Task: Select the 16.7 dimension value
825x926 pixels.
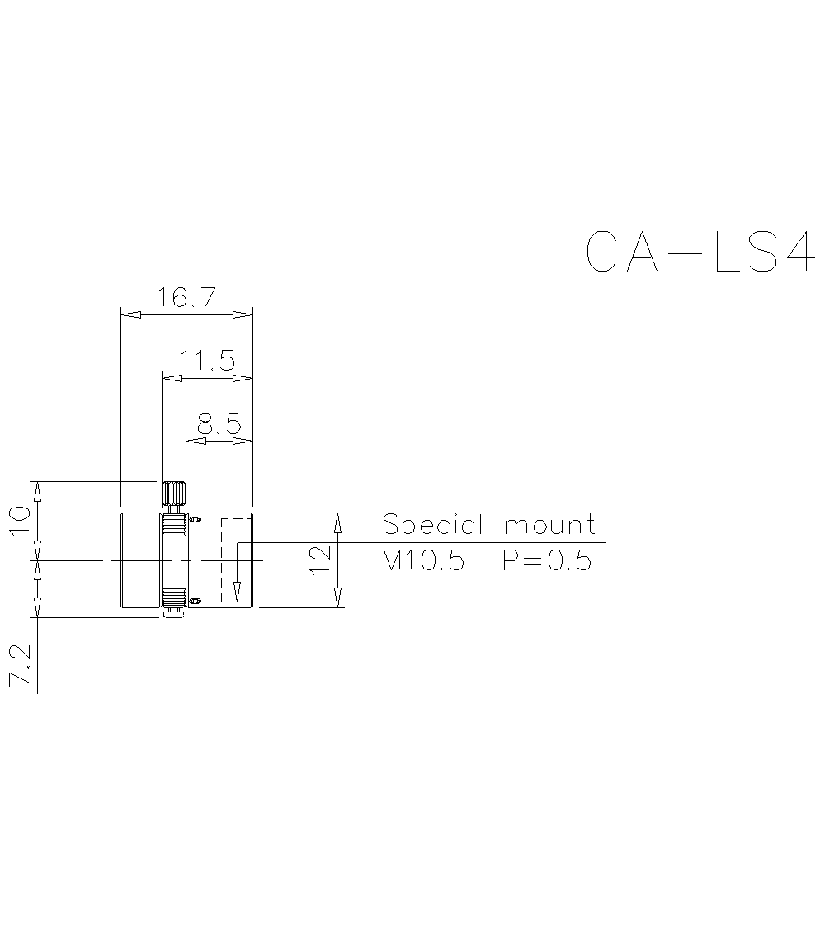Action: (187, 297)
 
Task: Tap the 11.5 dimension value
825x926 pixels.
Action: (208, 361)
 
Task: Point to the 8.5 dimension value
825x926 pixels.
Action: (219, 424)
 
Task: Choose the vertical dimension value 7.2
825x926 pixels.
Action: (20, 666)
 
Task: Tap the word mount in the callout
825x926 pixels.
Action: (549, 525)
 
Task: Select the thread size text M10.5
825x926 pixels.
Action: (423, 561)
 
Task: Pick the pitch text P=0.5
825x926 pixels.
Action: (547, 561)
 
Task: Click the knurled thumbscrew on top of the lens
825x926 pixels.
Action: (174, 494)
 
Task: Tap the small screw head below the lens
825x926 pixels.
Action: (174, 613)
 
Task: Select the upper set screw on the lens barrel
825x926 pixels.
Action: (196, 519)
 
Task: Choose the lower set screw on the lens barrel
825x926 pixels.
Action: (196, 600)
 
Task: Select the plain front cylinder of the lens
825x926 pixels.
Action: (141, 560)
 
